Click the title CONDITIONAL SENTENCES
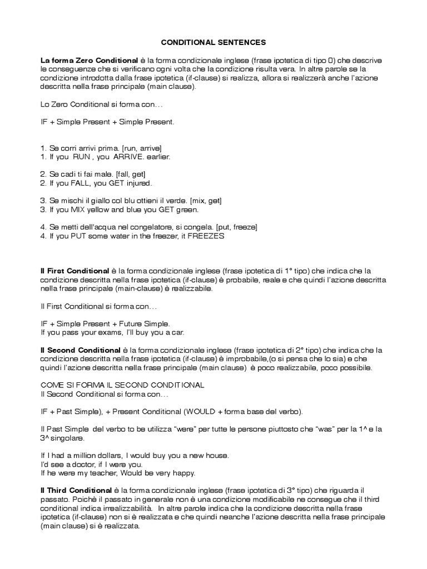[x=213, y=42]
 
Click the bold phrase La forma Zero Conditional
[x=89, y=60]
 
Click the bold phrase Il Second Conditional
[x=81, y=350]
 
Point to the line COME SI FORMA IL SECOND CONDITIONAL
[x=123, y=385]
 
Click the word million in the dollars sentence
[x=87, y=456]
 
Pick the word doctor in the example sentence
[x=82, y=465]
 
